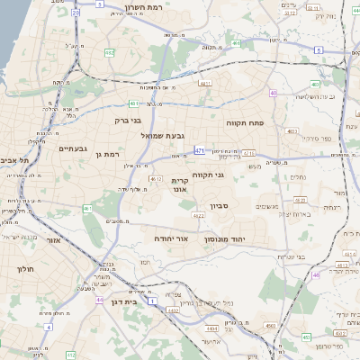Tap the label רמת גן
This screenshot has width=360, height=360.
click(x=108, y=155)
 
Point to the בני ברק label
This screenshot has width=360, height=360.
click(x=129, y=119)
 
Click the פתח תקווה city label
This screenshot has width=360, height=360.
click(x=269, y=121)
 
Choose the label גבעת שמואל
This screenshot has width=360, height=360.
click(x=162, y=135)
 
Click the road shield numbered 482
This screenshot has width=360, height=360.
click(x=108, y=52)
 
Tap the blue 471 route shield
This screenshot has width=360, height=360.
click(x=199, y=149)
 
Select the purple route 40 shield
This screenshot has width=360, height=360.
click(x=273, y=92)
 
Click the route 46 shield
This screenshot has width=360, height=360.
click(x=316, y=275)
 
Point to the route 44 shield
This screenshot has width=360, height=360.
click(x=99, y=299)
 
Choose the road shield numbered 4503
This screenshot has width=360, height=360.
click(x=268, y=324)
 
